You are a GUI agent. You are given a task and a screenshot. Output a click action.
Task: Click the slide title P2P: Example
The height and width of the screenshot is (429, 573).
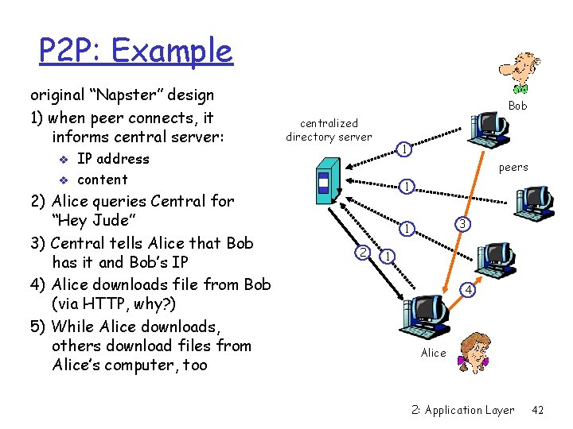pos(136,52)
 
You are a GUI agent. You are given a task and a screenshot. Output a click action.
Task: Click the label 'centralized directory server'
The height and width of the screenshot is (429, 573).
pos(329,129)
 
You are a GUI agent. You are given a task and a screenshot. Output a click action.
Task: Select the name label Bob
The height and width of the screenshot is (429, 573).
pos(517,106)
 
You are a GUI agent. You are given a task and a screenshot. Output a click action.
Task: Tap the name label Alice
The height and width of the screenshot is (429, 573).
pos(433,353)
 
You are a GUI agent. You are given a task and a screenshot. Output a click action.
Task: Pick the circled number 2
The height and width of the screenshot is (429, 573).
pos(363,253)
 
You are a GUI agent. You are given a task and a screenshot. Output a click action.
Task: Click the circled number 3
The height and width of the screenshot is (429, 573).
pos(461,225)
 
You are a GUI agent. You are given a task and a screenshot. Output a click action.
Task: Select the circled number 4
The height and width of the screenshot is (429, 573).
pos(470,291)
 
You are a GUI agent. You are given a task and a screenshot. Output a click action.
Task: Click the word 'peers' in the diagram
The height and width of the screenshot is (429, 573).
pos(513,167)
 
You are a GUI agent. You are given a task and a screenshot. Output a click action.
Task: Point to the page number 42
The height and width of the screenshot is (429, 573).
pos(537,410)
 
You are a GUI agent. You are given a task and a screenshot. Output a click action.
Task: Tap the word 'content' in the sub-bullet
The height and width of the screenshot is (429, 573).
pos(102,180)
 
